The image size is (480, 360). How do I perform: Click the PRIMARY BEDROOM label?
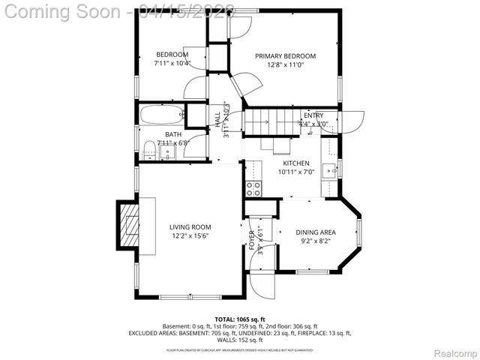[x=285, y=56]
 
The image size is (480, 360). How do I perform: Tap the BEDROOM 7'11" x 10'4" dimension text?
[x=172, y=64]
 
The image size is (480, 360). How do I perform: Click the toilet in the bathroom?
[x=150, y=150]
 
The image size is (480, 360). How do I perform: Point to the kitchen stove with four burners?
[x=253, y=187]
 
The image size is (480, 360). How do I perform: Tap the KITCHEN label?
[x=295, y=163]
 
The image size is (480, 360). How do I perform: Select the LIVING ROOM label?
[x=190, y=227]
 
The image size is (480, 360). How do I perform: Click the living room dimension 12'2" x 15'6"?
[x=190, y=236]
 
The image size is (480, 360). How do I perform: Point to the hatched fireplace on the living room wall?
[x=129, y=223]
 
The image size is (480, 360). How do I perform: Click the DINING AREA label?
[x=315, y=232]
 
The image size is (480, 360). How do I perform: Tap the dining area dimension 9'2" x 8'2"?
[x=315, y=241]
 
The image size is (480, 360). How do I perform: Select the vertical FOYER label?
[x=252, y=240]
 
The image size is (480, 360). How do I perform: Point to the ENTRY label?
[x=313, y=115]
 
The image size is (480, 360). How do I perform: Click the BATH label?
[x=173, y=135]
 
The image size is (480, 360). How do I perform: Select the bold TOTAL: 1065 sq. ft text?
[x=240, y=319]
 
